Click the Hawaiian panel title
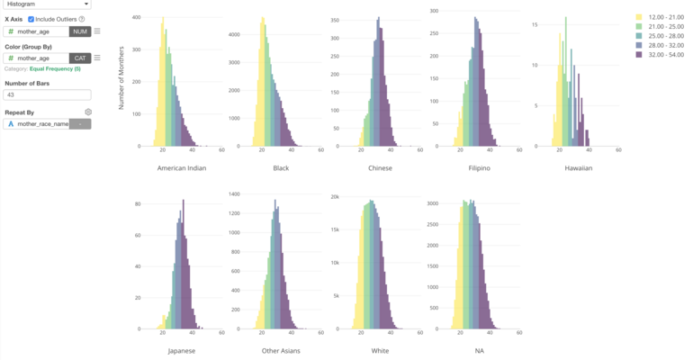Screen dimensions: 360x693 tap(578, 168)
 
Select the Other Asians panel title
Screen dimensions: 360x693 tap(281, 350)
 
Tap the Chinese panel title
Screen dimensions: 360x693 tap(380, 168)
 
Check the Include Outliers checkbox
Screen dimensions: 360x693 tap(31, 19)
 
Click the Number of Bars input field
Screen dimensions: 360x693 tap(48, 94)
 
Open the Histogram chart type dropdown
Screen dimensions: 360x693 tap(48, 4)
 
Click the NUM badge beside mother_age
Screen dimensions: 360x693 tap(80, 31)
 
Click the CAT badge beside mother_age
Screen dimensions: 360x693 tap(80, 58)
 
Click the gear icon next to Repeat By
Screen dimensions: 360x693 tap(88, 112)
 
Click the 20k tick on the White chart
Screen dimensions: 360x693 tap(335, 196)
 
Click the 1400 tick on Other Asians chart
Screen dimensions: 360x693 tap(235, 193)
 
